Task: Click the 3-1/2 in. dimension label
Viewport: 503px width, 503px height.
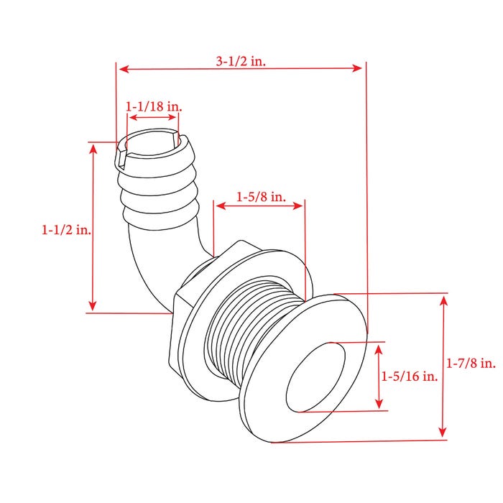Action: point(241,61)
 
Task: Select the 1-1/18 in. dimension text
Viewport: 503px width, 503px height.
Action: point(154,106)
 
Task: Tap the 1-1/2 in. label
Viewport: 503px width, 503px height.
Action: point(66,230)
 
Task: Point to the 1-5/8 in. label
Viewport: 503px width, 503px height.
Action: point(261,197)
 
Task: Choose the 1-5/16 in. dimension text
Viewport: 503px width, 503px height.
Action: point(410,376)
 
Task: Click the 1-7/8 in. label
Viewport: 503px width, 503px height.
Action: point(471,363)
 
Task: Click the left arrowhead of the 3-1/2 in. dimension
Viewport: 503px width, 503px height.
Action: point(124,69)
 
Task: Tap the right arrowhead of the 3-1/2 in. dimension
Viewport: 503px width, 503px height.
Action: point(357,68)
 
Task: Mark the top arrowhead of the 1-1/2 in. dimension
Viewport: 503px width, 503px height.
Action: point(93,149)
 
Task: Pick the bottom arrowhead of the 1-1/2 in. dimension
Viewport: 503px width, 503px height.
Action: point(93,305)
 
